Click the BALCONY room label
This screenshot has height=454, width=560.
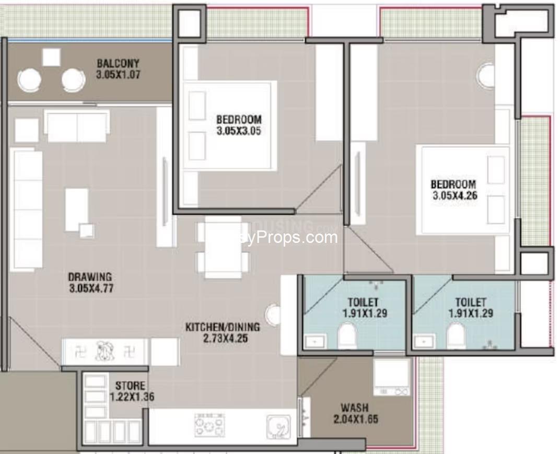(118, 64)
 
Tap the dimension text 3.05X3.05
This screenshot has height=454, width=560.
(238, 131)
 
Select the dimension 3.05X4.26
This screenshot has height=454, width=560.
(453, 196)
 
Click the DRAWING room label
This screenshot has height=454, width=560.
(90, 276)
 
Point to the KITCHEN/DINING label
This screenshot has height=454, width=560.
(223, 327)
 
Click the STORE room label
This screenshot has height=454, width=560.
(131, 386)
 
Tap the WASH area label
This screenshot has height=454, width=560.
(354, 408)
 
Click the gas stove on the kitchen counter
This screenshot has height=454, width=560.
(209, 425)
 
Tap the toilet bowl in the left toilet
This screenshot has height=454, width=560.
(347, 335)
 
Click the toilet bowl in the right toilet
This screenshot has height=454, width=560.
(456, 335)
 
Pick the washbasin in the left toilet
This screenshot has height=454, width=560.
(315, 342)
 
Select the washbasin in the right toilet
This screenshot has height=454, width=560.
(423, 342)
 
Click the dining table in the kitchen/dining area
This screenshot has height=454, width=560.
(223, 247)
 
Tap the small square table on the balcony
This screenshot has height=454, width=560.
(51, 57)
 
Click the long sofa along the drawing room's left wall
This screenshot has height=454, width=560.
(26, 209)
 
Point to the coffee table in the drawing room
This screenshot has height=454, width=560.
(76, 209)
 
